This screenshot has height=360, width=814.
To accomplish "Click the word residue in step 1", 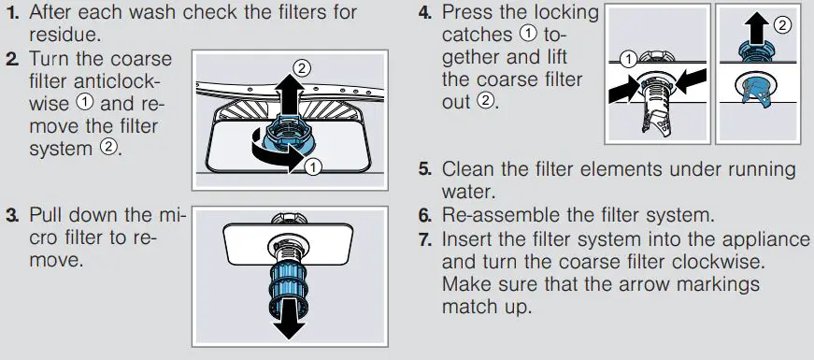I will pos(62,36).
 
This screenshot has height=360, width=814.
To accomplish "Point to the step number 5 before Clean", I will pos(424,170).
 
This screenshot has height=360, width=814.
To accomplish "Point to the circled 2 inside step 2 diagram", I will pos(301,68).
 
